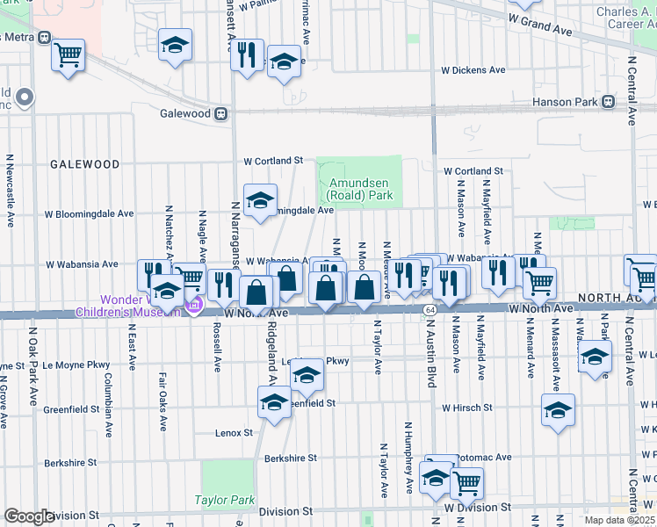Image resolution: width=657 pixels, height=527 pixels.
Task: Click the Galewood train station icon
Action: pos(220,113)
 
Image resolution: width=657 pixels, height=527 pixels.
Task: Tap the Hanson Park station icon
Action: pos(608,102)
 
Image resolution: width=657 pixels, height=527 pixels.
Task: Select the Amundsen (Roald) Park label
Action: pos(360,189)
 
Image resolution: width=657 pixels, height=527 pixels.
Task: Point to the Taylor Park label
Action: pos(225,501)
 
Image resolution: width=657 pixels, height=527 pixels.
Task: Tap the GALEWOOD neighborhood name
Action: pos(84,164)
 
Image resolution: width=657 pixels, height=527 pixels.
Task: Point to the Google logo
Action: pos(29,516)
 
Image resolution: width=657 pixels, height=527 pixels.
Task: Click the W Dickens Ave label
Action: pos(473,69)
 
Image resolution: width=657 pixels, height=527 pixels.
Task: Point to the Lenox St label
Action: pos(234,433)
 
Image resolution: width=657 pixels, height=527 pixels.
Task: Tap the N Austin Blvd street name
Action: pos(432,386)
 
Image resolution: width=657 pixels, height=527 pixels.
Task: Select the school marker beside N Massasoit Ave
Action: pos(559,409)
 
